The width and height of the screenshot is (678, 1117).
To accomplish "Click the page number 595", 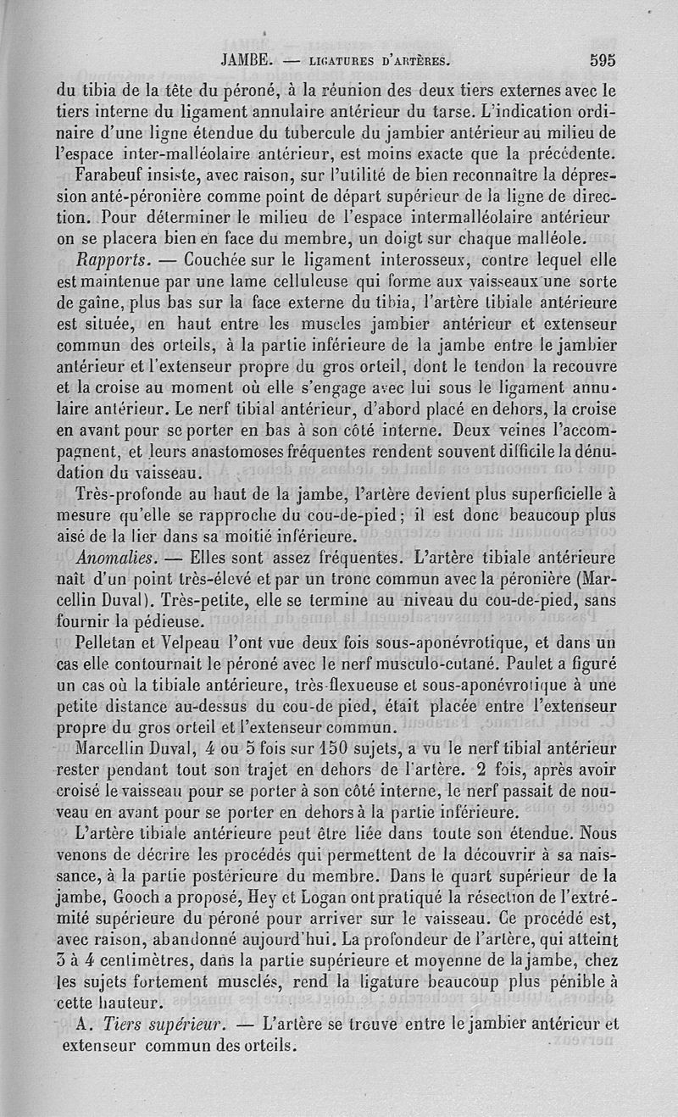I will click(x=598, y=60).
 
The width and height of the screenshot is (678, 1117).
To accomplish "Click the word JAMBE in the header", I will click(x=244, y=61).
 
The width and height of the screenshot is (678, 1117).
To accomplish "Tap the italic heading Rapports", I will click(x=113, y=258).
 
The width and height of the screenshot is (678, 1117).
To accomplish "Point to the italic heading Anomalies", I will click(x=117, y=559).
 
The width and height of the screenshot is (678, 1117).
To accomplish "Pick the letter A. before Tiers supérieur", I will click(x=83, y=1024).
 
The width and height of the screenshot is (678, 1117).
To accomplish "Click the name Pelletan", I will click(x=106, y=642).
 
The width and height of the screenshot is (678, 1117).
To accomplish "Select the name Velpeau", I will click(x=203, y=642).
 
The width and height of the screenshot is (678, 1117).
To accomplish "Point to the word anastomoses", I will click(x=225, y=451).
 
